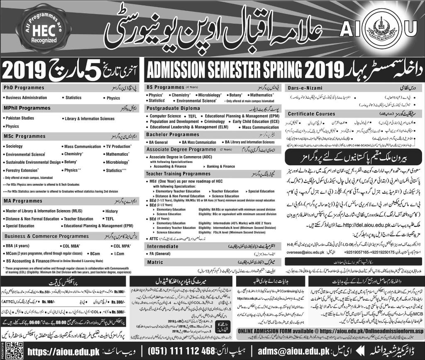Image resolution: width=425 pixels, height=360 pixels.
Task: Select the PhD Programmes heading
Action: (24, 88)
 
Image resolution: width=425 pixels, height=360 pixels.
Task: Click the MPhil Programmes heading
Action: (27, 108)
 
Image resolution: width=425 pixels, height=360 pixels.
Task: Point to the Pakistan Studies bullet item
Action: (20, 118)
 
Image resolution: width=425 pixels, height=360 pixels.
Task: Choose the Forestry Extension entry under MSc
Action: (22, 170)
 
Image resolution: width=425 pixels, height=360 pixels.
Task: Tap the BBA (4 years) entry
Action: (18, 245)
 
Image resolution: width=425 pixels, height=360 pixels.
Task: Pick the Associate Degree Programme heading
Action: (181, 149)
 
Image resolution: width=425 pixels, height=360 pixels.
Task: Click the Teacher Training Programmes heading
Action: (178, 174)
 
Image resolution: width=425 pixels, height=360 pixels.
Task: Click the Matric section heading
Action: (155, 262)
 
